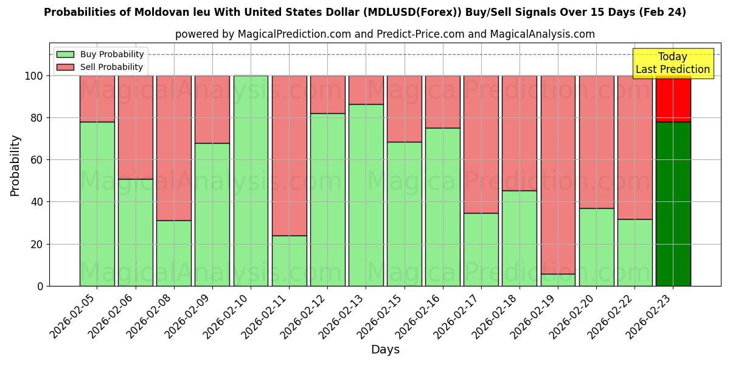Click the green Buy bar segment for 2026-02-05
97,204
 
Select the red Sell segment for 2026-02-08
174,148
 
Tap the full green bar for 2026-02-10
251,181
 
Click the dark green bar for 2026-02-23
673,204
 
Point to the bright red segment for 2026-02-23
673,99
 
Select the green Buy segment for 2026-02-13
366,195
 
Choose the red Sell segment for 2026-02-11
289,155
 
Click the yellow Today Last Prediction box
673,63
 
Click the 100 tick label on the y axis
33,76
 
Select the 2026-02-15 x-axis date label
377,316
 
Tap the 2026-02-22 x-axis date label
608,316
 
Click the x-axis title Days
385,350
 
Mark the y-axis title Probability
15,165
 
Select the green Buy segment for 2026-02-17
481,249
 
